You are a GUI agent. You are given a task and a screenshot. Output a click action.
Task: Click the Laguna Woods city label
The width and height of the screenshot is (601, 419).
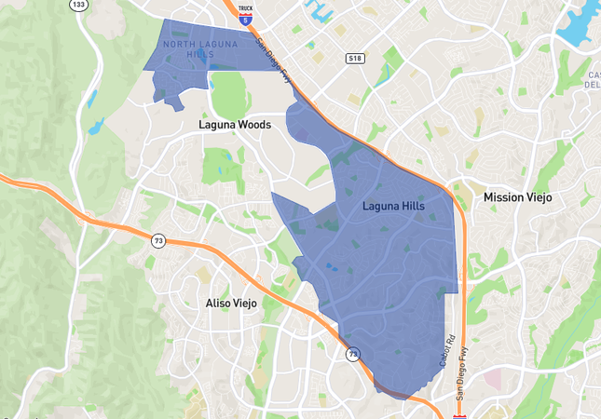click(x=234, y=124)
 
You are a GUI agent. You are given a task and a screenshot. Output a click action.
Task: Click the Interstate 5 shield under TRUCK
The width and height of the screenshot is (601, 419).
click(x=245, y=18)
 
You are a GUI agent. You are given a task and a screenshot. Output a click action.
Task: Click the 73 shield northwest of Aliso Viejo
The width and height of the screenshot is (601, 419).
click(x=158, y=241)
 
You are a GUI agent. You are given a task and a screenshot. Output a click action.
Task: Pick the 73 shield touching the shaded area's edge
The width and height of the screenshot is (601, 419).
click(x=353, y=355)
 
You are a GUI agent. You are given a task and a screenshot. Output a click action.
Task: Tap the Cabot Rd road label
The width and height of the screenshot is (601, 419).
click(x=446, y=349)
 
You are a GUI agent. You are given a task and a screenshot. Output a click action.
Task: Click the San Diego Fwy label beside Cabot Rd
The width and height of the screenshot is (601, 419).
click(x=463, y=365)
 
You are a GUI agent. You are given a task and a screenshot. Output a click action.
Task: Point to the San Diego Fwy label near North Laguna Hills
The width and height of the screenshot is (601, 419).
click(x=274, y=64)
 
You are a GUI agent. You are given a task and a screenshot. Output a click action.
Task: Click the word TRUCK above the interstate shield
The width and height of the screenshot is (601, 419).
click(x=245, y=8)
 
